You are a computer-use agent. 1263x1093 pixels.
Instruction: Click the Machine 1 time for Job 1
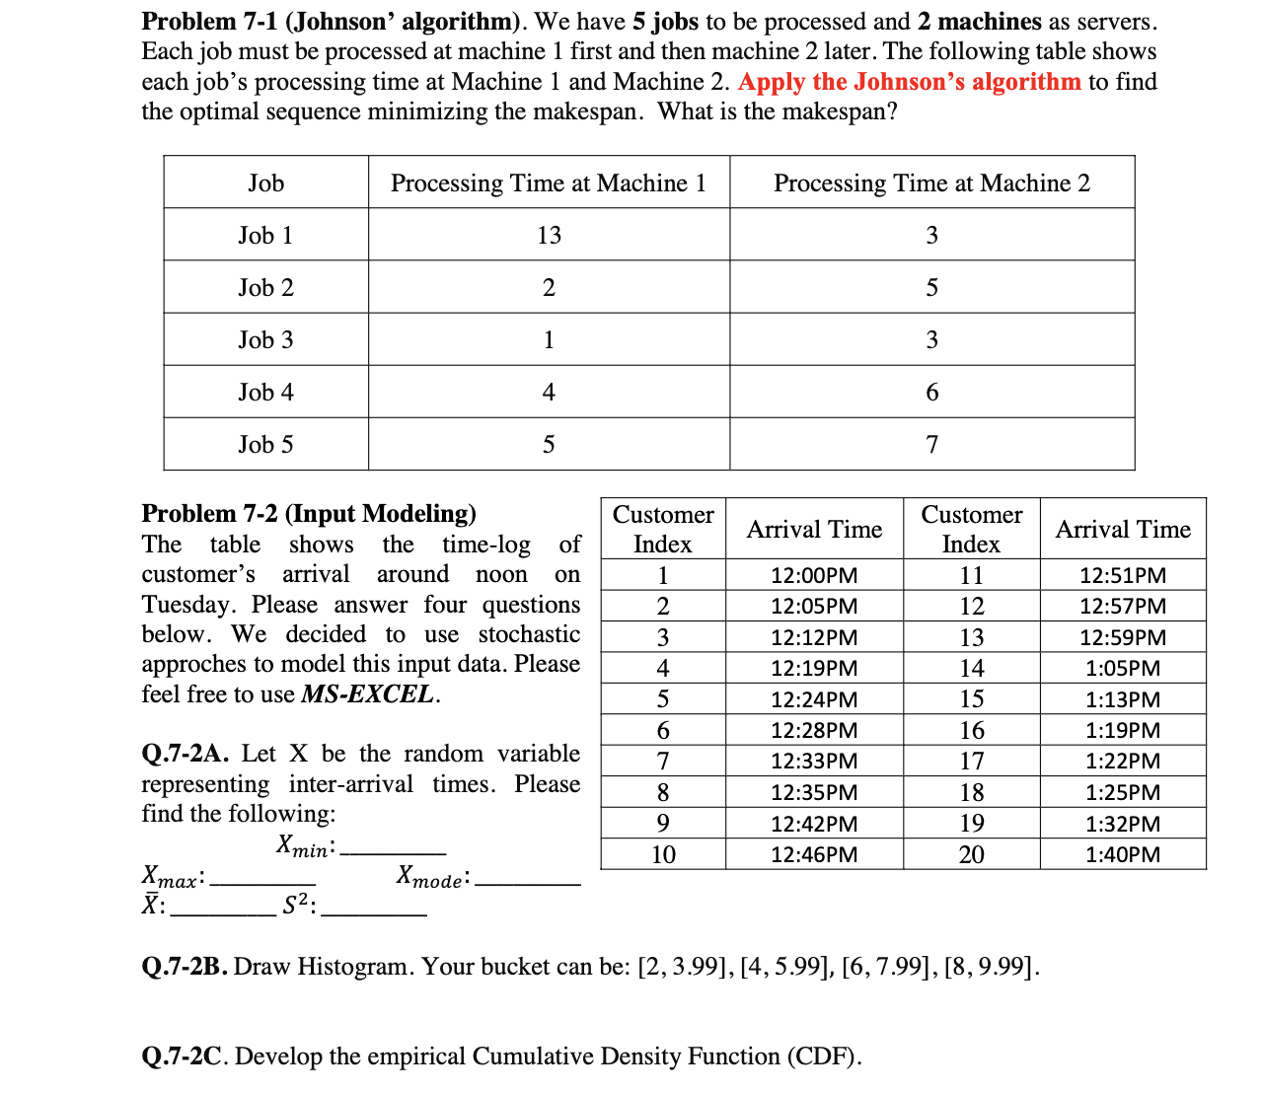click(549, 235)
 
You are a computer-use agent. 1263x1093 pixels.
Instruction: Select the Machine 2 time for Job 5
click(931, 445)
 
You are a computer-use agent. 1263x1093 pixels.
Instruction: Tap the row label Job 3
click(265, 340)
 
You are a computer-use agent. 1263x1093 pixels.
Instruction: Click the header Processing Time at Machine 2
click(931, 182)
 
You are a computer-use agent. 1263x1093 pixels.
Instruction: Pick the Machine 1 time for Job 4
click(549, 393)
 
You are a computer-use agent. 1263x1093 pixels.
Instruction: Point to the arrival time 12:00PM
click(814, 575)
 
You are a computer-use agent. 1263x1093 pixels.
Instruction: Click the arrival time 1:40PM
click(1123, 854)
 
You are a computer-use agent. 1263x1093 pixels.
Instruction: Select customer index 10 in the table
click(663, 854)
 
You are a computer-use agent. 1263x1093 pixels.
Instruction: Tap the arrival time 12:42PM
click(814, 824)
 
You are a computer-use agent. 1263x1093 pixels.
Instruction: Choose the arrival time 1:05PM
click(1123, 668)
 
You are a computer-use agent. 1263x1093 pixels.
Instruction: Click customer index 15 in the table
click(971, 699)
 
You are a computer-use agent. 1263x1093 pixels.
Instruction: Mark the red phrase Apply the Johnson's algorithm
click(909, 81)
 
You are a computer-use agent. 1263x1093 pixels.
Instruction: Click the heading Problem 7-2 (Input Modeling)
click(309, 513)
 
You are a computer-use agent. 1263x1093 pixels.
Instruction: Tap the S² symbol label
click(297, 906)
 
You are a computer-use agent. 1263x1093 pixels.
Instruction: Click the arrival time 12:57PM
click(1123, 606)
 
